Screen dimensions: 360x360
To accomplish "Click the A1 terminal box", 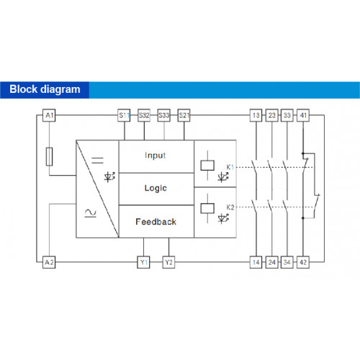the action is tap(49, 115).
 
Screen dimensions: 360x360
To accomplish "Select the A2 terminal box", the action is tap(49, 262).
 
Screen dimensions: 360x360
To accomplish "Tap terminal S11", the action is tap(124, 115).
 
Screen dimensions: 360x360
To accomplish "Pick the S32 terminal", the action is tap(144, 115).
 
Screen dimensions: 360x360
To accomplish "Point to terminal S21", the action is tap(184, 115).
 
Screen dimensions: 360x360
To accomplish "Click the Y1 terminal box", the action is tap(143, 262).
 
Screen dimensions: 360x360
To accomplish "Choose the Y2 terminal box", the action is tap(168, 262).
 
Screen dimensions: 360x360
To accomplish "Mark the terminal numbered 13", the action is tap(256, 115).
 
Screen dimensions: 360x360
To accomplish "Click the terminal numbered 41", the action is tap(303, 115).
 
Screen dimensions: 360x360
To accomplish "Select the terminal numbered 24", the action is tap(271, 262).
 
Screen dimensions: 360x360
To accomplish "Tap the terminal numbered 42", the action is tap(303, 262).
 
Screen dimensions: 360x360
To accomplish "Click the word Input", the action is tap(156, 156).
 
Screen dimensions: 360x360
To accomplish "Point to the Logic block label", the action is tap(156, 188).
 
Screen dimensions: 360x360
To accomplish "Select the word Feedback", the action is tap(156, 222).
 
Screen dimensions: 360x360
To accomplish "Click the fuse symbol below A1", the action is tap(49, 156).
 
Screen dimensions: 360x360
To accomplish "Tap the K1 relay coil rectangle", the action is tap(207, 166).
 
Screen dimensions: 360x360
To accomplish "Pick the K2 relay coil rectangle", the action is tap(207, 208).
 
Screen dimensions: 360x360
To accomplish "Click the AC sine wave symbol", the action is tap(91, 213).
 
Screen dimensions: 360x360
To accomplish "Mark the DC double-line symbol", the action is tap(98, 161).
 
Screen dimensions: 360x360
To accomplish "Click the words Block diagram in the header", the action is tap(45, 89).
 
